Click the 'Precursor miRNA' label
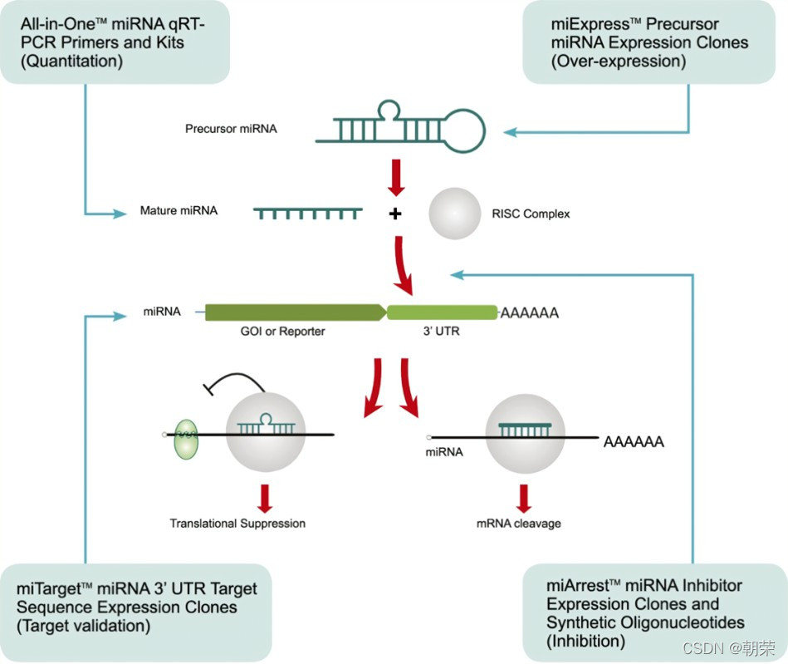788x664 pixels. pos(231,129)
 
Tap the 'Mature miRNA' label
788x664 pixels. pos(179,211)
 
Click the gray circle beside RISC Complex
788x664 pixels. pos(454,214)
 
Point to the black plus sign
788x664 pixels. pos(395,214)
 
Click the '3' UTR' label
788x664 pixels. pos(442,331)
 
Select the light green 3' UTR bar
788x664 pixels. pos(442,312)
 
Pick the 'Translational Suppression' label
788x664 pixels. pos(237,524)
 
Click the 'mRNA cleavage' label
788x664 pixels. pos(519,524)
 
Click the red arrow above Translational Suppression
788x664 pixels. pos(266,497)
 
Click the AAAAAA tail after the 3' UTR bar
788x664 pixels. pos(528,313)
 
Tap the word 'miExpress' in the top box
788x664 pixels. pos(576,24)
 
